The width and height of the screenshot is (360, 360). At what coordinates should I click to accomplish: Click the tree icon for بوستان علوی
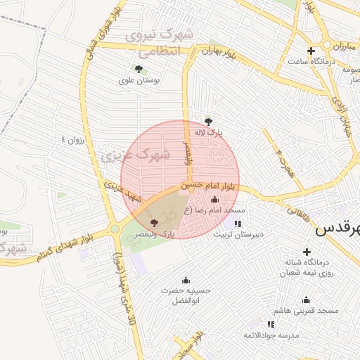(138, 69)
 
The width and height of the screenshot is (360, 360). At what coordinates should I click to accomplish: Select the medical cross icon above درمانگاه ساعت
(311, 50)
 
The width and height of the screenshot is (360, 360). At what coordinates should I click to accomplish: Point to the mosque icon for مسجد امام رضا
(214, 199)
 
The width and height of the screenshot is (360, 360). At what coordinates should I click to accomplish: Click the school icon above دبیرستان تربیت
(237, 224)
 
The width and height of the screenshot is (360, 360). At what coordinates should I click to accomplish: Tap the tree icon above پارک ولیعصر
(154, 223)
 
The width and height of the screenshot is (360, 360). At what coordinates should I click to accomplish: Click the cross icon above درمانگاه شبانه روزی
(307, 252)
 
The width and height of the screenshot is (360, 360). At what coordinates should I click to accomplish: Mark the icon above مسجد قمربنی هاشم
(307, 299)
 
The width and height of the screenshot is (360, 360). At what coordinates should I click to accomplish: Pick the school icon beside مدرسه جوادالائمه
(271, 324)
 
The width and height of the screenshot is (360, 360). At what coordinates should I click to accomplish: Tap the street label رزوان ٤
(72, 139)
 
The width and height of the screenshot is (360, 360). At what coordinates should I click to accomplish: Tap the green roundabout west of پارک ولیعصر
(115, 229)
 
